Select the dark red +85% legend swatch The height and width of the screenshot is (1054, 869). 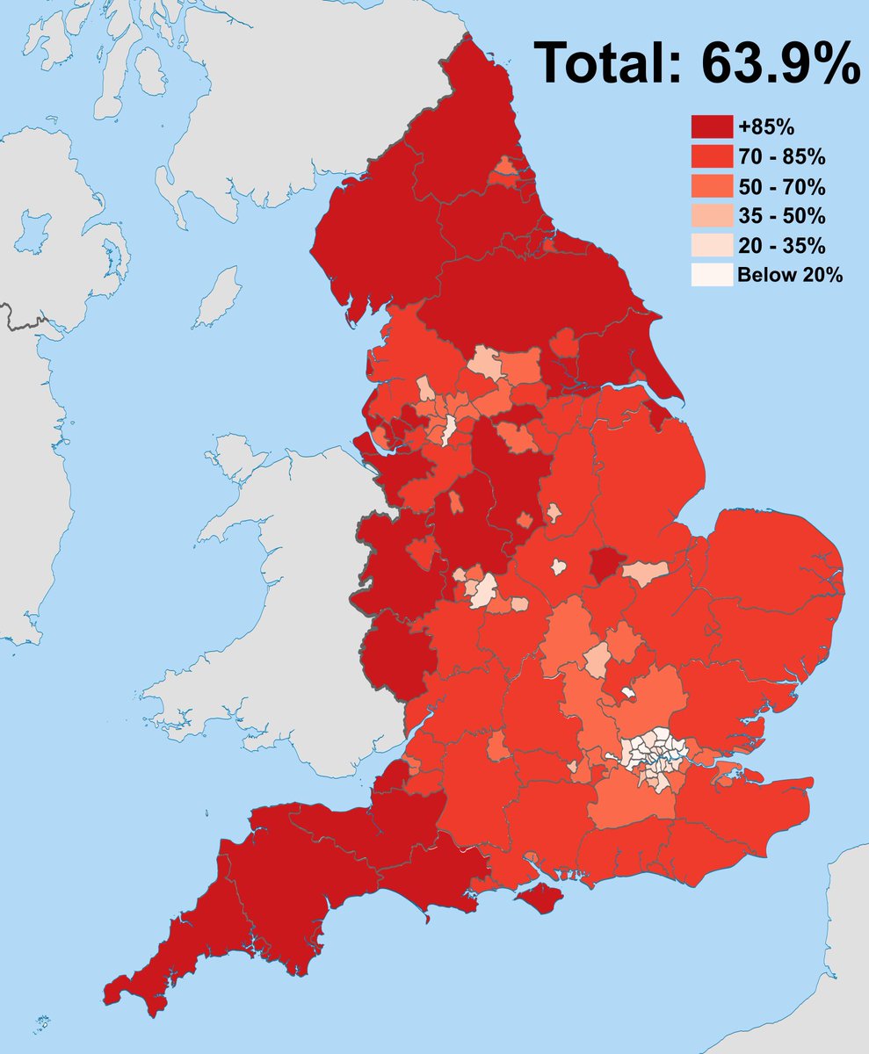(711, 127)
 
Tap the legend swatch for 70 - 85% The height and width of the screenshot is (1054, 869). (711, 157)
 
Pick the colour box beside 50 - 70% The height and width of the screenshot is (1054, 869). (711, 186)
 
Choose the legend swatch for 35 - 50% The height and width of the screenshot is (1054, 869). (711, 216)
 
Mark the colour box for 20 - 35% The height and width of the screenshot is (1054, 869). (711, 245)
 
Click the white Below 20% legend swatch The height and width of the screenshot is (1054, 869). (711, 275)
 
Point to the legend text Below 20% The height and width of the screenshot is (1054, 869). (790, 275)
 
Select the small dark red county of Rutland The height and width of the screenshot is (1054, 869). (606, 564)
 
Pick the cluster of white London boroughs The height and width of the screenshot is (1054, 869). (655, 751)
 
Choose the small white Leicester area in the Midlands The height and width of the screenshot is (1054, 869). (557, 567)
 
